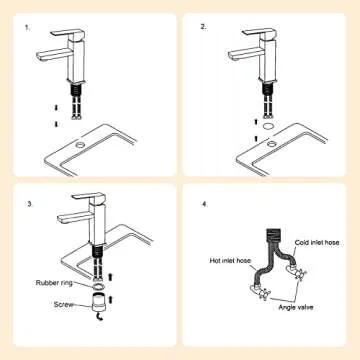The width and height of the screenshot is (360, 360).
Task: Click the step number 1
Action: pyautogui.click(x=27, y=27)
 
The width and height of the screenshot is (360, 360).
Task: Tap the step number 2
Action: pyautogui.click(x=204, y=27)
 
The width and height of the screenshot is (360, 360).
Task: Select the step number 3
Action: pyautogui.click(x=31, y=204)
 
